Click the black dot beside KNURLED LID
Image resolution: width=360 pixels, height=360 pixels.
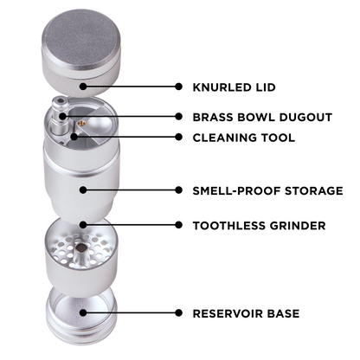[179, 87]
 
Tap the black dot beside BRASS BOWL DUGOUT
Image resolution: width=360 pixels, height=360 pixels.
[179, 116]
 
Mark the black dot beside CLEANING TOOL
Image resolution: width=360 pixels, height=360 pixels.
[179, 137]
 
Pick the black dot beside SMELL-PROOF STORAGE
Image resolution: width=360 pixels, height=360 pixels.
[179, 190]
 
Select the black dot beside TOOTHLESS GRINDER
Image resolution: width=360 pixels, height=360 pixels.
[179, 226]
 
